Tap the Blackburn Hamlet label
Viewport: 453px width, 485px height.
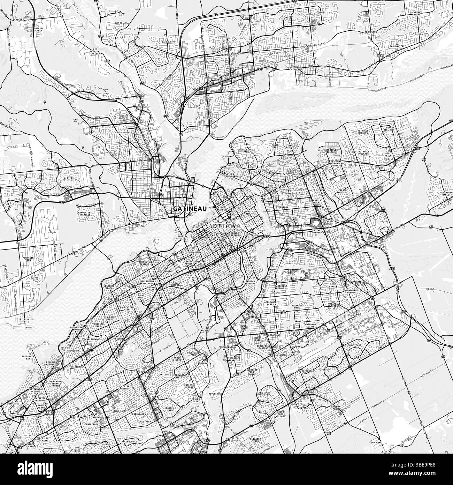tap(446, 194)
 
